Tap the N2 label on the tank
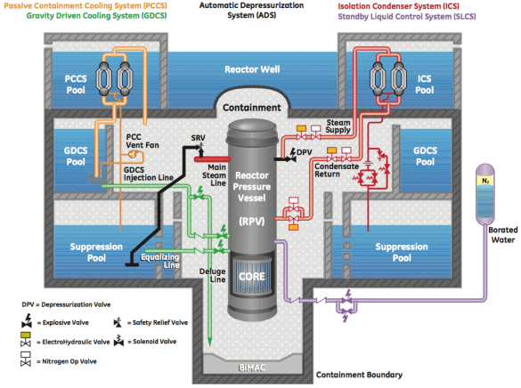pyautogui.click(x=485, y=180)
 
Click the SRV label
pyautogui.click(x=198, y=140)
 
